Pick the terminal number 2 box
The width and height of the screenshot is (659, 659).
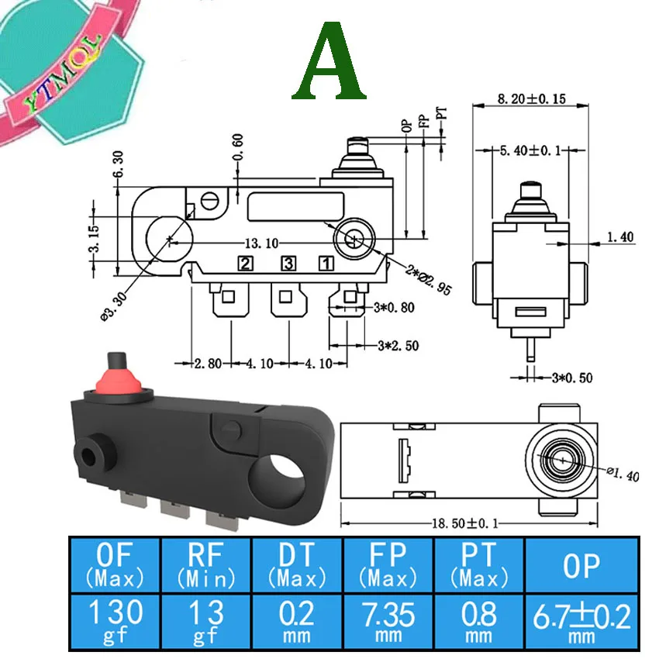[x=246, y=264]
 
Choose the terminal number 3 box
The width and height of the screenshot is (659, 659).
[x=288, y=264]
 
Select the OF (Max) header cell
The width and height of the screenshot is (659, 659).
[x=115, y=563]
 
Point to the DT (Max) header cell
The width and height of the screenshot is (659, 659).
[x=298, y=563]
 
